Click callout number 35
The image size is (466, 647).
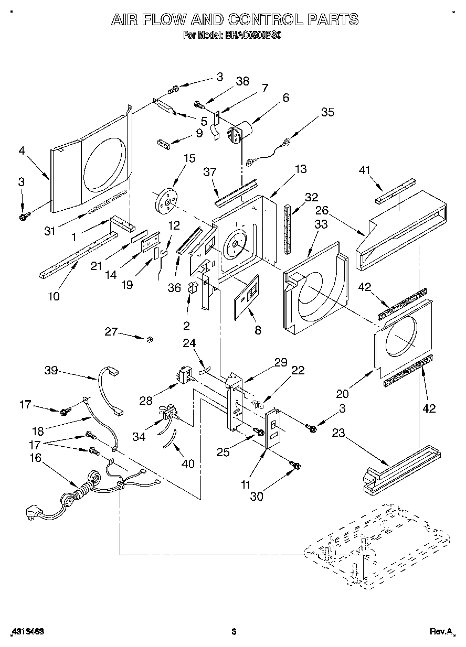(327, 112)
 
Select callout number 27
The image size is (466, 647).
(111, 331)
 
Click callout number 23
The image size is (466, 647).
(338, 434)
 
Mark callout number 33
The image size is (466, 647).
(321, 224)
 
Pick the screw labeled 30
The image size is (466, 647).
(294, 465)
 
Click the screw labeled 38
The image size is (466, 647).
(199, 104)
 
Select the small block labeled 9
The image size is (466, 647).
(164, 143)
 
